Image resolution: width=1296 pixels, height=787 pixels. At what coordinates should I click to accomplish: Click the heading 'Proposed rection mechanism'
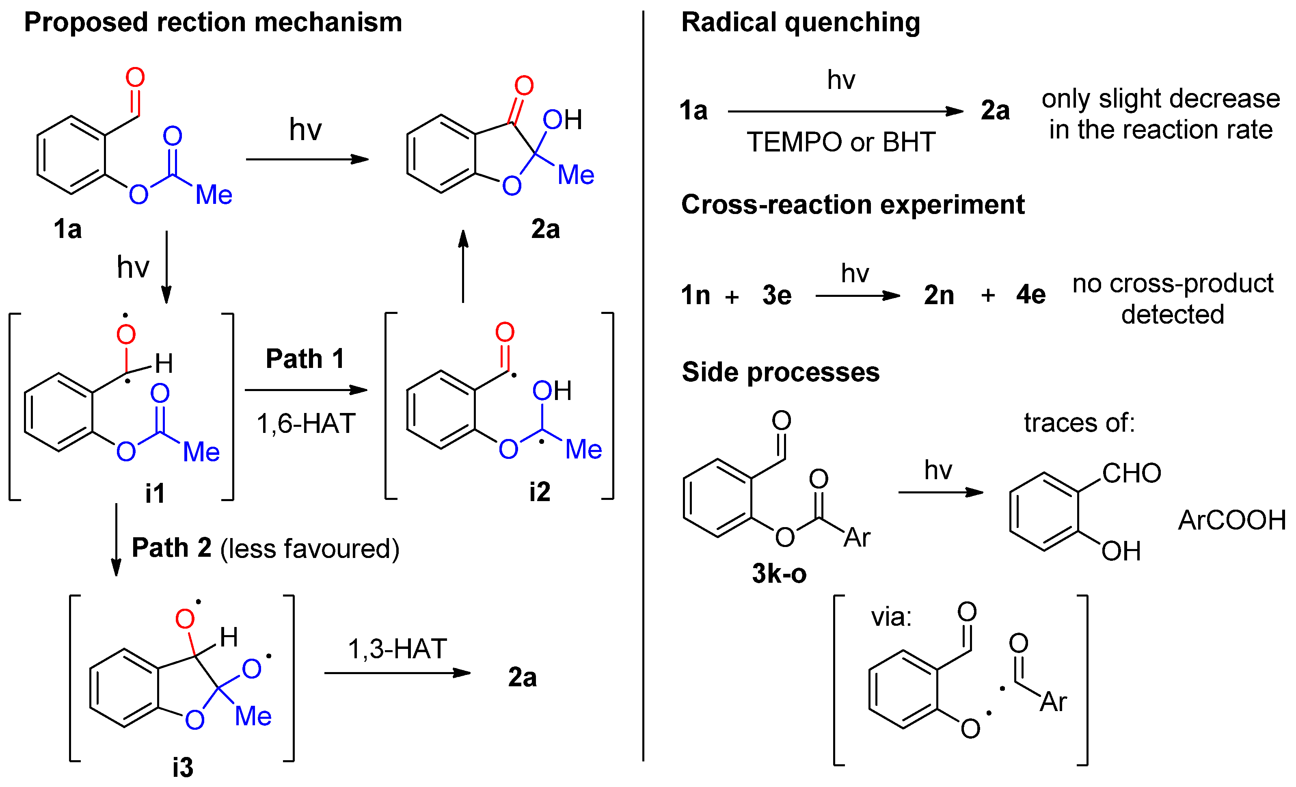213,23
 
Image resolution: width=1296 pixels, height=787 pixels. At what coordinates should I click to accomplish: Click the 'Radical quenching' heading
801,23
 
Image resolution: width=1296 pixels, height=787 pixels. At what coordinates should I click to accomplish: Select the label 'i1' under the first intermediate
155,493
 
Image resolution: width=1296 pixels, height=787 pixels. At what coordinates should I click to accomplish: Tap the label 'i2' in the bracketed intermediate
540,492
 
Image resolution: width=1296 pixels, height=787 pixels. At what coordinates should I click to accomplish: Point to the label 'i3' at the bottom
183,768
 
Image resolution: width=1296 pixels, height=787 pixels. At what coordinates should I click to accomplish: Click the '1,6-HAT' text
306,424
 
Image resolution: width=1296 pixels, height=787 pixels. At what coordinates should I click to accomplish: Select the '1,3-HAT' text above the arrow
397,649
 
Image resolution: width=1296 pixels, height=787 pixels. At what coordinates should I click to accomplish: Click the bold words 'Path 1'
305,359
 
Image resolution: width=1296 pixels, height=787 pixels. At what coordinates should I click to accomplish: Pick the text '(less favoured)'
310,549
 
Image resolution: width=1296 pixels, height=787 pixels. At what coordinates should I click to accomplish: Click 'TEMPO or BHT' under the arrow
841,142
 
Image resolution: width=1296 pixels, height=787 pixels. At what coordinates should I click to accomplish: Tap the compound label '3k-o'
779,573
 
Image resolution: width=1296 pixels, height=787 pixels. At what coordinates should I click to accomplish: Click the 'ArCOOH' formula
1232,520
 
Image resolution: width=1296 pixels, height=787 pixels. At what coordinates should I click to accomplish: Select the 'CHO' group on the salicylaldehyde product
1132,473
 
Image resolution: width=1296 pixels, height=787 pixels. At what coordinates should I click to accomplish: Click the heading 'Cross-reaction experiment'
853,205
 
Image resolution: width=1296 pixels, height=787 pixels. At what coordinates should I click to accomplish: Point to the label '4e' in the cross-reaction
1031,294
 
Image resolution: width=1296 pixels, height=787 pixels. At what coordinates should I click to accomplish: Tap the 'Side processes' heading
780,372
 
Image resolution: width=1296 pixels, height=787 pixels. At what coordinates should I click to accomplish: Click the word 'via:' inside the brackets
891,617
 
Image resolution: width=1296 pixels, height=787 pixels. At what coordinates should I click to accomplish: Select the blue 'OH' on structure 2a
562,120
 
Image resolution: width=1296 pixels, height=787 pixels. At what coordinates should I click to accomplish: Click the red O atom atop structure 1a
135,78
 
